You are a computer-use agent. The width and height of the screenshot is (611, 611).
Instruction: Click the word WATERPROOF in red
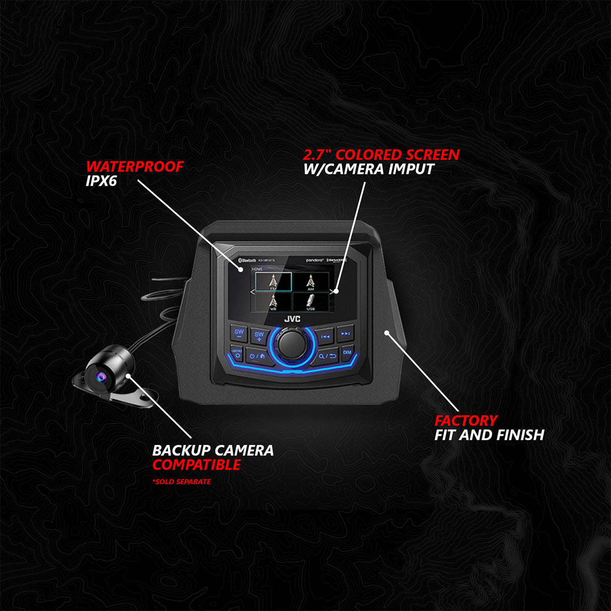[x=134, y=166]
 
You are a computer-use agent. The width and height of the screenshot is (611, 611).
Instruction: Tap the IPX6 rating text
[x=101, y=181]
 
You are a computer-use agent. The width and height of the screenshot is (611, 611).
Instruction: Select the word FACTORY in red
[x=465, y=421]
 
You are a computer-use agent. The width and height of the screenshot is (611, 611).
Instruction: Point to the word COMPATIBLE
[x=197, y=465]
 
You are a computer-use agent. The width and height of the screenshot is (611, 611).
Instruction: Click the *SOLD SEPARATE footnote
[x=181, y=482]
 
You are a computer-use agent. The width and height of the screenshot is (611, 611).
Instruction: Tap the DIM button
[x=347, y=352]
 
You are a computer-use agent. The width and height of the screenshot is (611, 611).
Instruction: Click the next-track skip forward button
[x=345, y=334]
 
